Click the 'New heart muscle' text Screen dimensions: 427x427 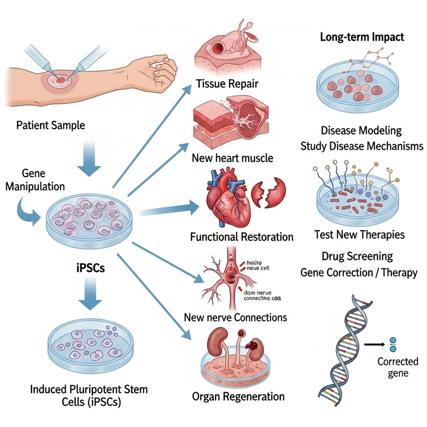(x=227, y=158)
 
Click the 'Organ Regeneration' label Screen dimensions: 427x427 (x=238, y=397)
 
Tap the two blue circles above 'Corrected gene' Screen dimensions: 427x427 (x=394, y=345)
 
